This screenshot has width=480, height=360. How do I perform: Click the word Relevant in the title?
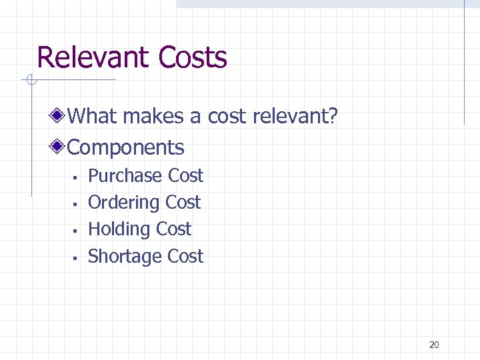point(94,57)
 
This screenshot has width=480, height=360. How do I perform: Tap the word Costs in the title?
point(193,57)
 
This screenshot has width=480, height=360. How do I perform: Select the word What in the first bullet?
point(93,117)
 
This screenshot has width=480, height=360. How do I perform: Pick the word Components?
point(126,147)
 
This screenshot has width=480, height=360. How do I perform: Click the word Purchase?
point(125,176)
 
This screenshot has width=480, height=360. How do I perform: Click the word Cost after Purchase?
point(185,176)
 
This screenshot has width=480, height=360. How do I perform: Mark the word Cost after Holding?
point(173,229)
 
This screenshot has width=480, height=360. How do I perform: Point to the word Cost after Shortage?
point(185,256)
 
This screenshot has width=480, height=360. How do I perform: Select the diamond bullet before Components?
point(59,147)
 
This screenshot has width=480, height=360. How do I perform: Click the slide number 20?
point(434,345)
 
